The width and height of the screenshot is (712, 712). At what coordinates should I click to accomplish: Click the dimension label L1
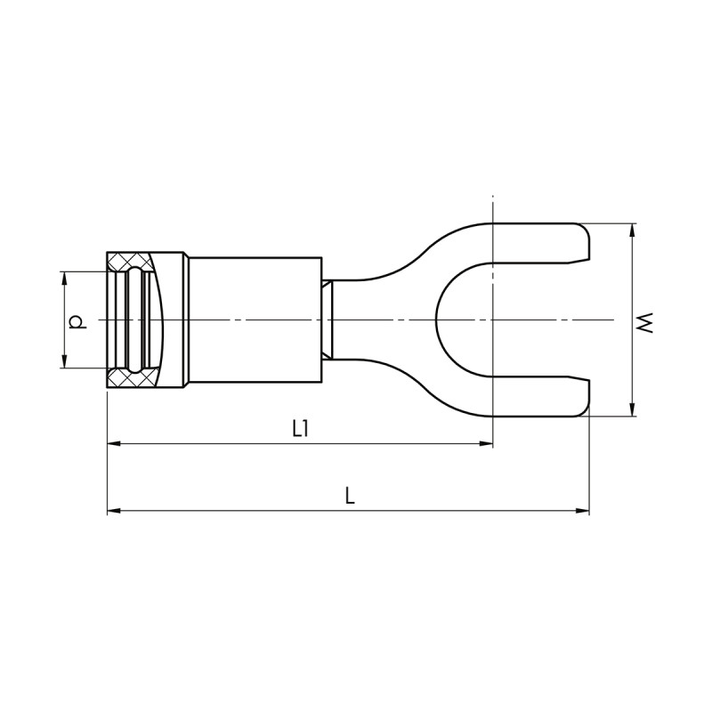300,428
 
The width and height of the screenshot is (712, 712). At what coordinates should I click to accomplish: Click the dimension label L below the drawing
349,496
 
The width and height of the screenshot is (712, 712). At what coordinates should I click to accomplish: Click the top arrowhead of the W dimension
632,230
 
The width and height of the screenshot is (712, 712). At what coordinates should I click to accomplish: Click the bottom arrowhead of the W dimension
632,410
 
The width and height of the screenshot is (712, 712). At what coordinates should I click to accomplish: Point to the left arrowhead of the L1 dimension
114,443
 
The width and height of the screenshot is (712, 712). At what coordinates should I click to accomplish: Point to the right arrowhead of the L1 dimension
486,443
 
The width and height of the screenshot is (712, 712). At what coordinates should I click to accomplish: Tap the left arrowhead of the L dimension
114,511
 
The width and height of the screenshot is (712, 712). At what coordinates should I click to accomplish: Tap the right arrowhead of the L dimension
583,511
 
